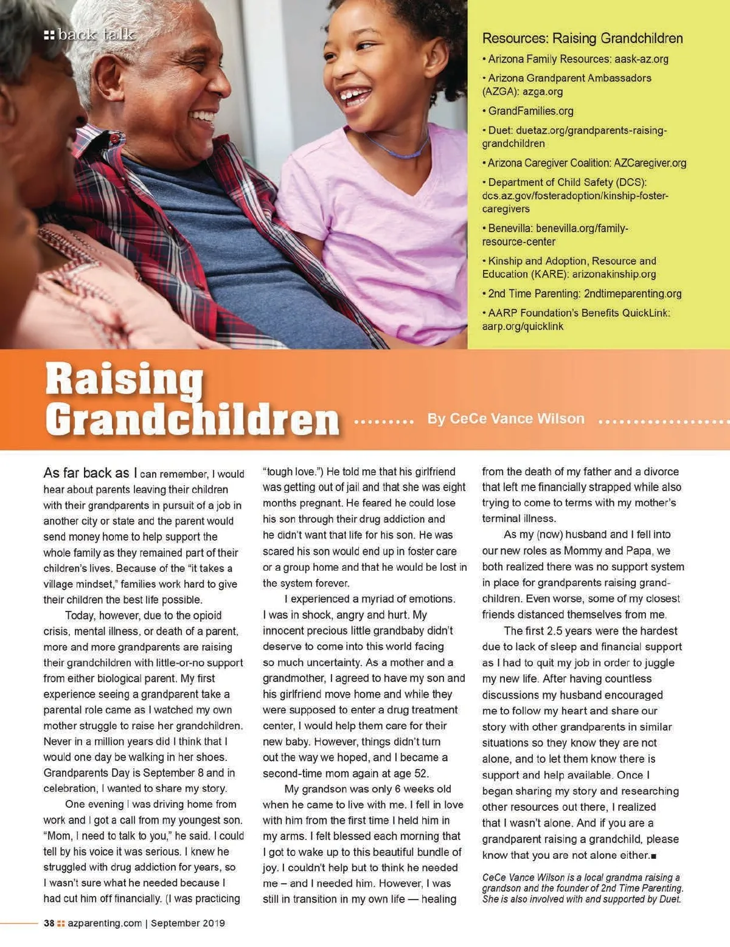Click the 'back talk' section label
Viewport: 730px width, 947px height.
90,35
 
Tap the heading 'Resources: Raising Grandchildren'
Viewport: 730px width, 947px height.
582,38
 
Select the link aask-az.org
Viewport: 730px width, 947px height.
641,59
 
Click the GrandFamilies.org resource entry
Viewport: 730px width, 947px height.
530,111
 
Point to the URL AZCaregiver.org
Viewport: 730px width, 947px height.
650,163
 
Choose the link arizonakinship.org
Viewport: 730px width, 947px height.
614,274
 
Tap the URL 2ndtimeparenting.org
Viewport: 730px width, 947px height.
633,294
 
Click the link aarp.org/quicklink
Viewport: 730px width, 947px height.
523,326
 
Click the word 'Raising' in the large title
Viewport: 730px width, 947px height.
124,378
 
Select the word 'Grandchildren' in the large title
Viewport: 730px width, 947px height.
192,419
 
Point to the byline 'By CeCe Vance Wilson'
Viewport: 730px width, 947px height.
506,419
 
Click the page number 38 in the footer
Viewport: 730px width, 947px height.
49,923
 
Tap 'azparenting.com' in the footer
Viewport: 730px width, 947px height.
105,923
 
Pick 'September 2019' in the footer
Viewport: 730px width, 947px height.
188,923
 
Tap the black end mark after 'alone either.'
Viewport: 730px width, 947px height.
653,856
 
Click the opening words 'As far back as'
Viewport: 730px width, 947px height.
86,473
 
